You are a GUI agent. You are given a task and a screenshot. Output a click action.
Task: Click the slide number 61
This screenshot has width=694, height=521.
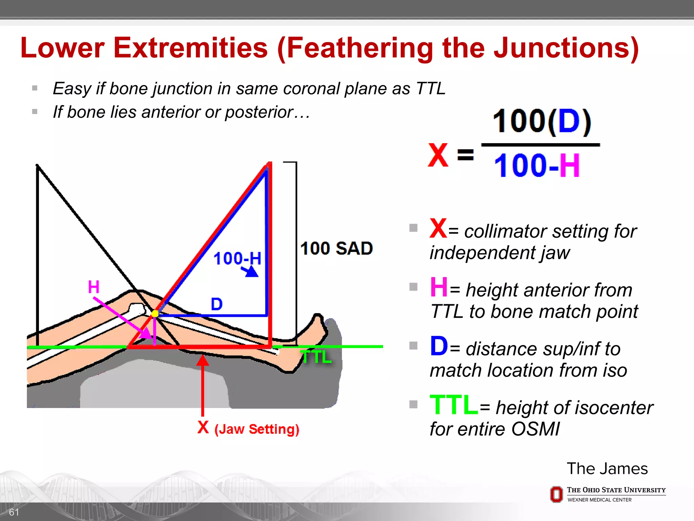point(14,512)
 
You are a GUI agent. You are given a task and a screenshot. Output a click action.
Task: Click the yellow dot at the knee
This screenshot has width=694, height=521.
point(155,313)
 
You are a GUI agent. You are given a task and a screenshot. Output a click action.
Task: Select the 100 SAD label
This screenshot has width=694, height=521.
point(336,248)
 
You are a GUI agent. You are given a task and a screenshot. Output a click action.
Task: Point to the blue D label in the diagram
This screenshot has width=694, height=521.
point(217,304)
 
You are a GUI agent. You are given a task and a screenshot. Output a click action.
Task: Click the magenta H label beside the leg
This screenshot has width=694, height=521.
point(94,287)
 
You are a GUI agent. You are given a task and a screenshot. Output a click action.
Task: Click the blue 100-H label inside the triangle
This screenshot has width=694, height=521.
point(237,258)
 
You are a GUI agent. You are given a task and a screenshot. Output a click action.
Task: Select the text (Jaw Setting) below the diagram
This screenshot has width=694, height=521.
point(257,429)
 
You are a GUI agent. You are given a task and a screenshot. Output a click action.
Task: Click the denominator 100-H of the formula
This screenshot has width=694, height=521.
point(537,166)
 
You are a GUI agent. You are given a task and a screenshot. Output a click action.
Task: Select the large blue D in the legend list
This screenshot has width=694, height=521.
point(438,346)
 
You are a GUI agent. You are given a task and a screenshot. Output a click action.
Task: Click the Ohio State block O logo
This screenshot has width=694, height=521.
point(556,494)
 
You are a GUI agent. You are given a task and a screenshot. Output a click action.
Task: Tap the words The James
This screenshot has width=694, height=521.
point(607,468)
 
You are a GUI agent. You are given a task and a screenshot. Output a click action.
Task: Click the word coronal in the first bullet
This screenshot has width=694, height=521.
point(311,89)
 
